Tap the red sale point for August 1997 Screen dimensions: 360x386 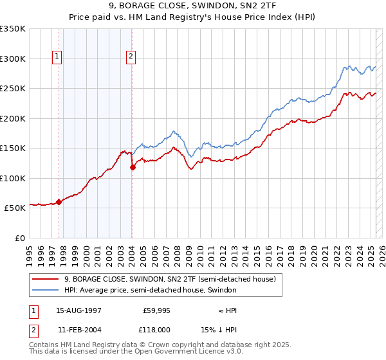(59, 202)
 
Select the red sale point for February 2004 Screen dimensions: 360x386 (133, 167)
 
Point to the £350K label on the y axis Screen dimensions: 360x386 (13, 29)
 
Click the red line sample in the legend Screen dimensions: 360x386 (46, 279)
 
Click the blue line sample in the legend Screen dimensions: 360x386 (46, 290)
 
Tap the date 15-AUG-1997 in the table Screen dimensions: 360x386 (78, 310)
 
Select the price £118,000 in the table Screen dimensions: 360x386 (156, 329)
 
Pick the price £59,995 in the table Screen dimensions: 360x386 (156, 310)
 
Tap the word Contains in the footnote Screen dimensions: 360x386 (46, 345)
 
